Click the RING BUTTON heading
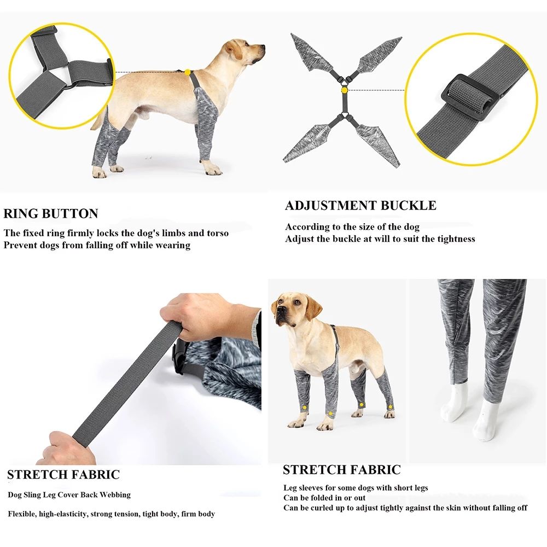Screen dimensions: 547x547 (x=51, y=214)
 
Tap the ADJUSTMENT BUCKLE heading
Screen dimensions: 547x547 (x=360, y=206)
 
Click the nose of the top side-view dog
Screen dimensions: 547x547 (x=263, y=48)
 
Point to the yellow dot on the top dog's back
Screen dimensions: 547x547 (x=187, y=72)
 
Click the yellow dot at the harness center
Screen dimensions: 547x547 (x=344, y=89)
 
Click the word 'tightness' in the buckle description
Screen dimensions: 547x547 (x=453, y=238)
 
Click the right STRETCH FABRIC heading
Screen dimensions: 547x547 (x=341, y=470)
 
